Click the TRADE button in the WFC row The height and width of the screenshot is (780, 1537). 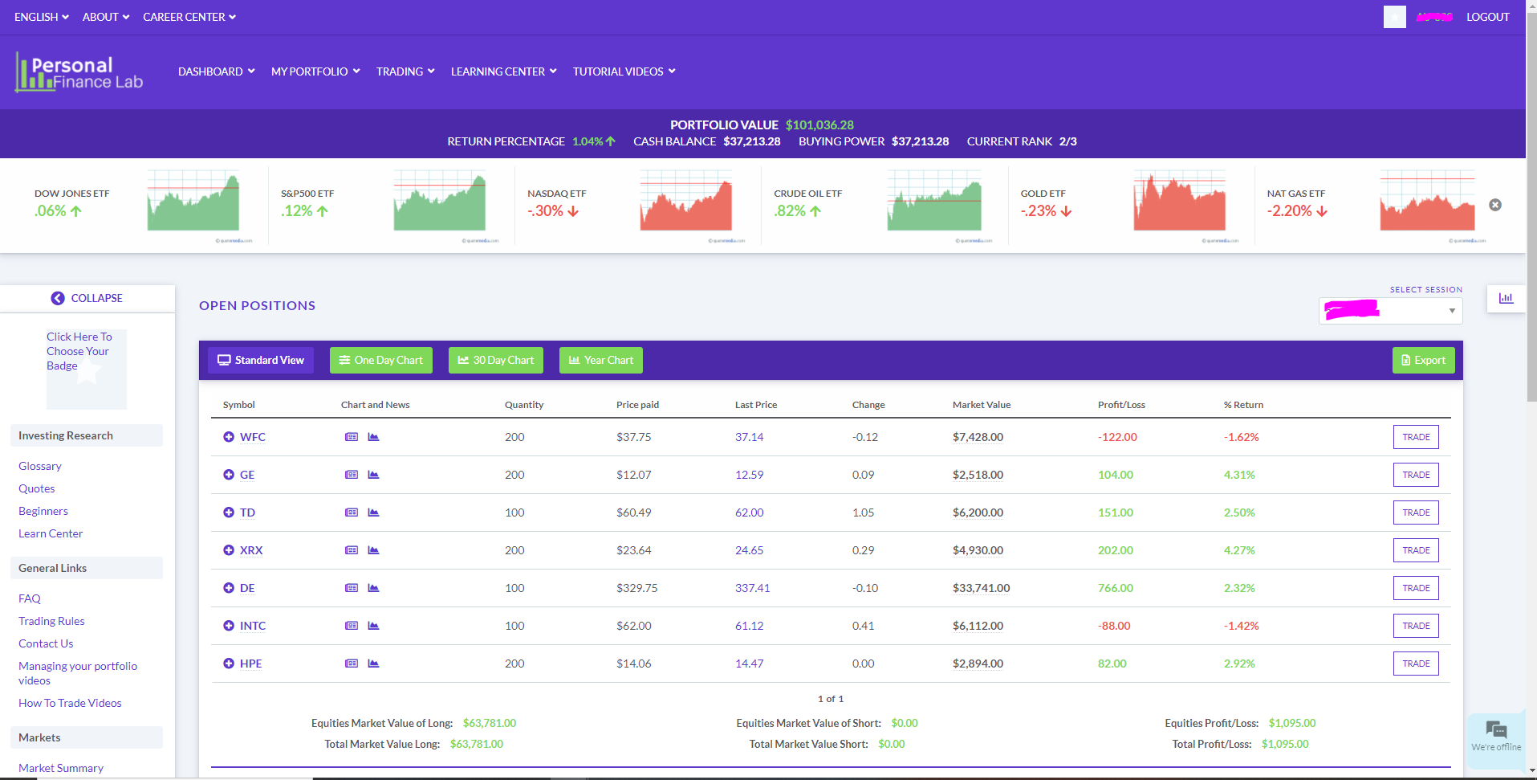1415,437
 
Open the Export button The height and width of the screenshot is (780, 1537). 1423,360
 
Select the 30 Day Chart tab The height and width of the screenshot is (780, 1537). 495,360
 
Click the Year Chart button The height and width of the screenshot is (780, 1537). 600,360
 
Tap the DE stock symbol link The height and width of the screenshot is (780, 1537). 247,588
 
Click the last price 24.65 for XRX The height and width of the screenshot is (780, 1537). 749,550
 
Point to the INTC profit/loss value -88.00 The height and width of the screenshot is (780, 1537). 1114,626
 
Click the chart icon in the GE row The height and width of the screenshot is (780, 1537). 373,475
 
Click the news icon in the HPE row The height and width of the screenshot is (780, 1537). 352,664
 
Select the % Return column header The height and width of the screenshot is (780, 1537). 1243,405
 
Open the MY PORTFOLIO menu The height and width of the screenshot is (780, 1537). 315,71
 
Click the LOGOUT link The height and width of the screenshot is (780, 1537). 1487,17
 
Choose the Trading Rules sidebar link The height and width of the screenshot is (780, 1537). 51,621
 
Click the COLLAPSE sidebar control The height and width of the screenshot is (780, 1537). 87,298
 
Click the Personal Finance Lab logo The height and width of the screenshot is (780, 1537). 79,72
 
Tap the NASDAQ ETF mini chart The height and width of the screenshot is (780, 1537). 685,202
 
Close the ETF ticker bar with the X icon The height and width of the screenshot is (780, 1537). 1494,205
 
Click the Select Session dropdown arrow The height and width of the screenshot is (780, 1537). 1451,311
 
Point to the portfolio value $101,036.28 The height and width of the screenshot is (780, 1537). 819,125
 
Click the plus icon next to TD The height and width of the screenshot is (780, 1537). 229,513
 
